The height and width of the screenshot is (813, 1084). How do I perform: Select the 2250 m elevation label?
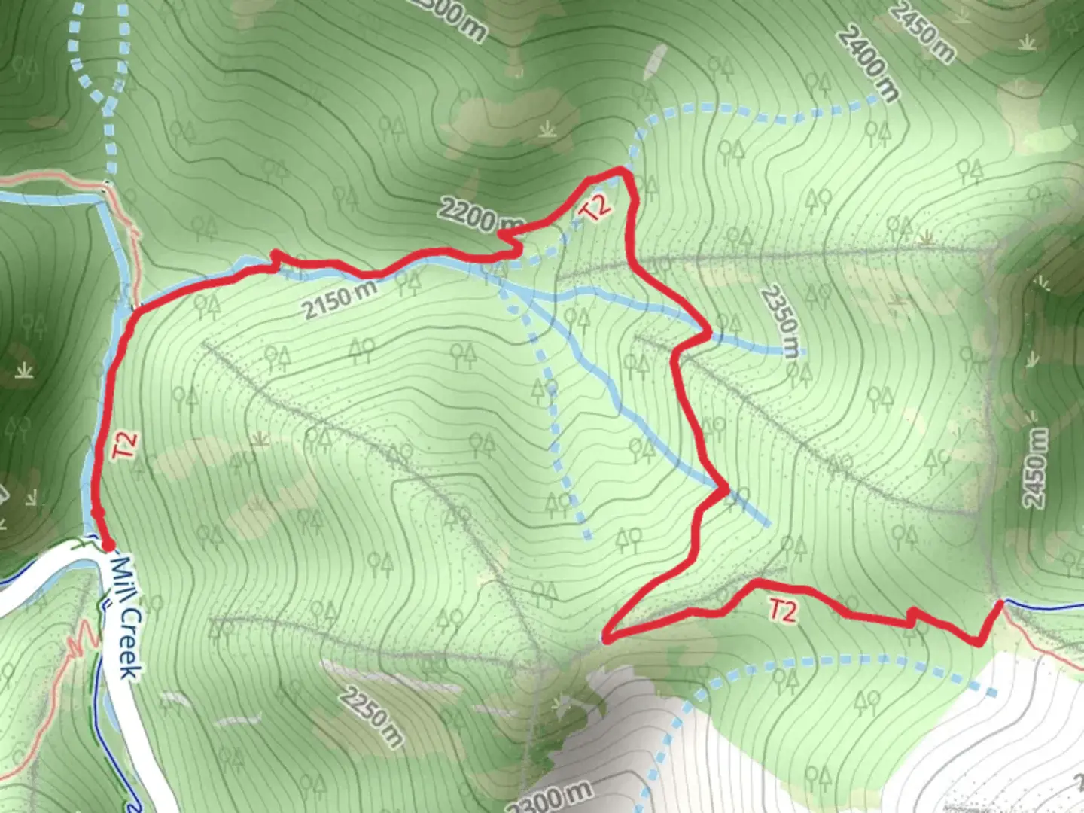tap(370, 714)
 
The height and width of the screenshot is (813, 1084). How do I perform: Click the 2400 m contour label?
tap(869, 63)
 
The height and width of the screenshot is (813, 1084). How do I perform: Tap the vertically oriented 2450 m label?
tap(1035, 467)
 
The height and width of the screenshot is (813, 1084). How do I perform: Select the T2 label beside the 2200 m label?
tap(595, 208)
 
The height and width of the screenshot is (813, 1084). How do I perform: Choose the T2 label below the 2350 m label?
tap(781, 610)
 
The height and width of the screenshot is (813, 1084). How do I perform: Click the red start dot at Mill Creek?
tap(108, 544)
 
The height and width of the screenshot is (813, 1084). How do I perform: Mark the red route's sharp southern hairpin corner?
tap(607, 639)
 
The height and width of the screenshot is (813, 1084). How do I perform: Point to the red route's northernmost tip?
tap(622, 170)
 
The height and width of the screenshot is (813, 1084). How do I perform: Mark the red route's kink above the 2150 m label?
tap(276, 256)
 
